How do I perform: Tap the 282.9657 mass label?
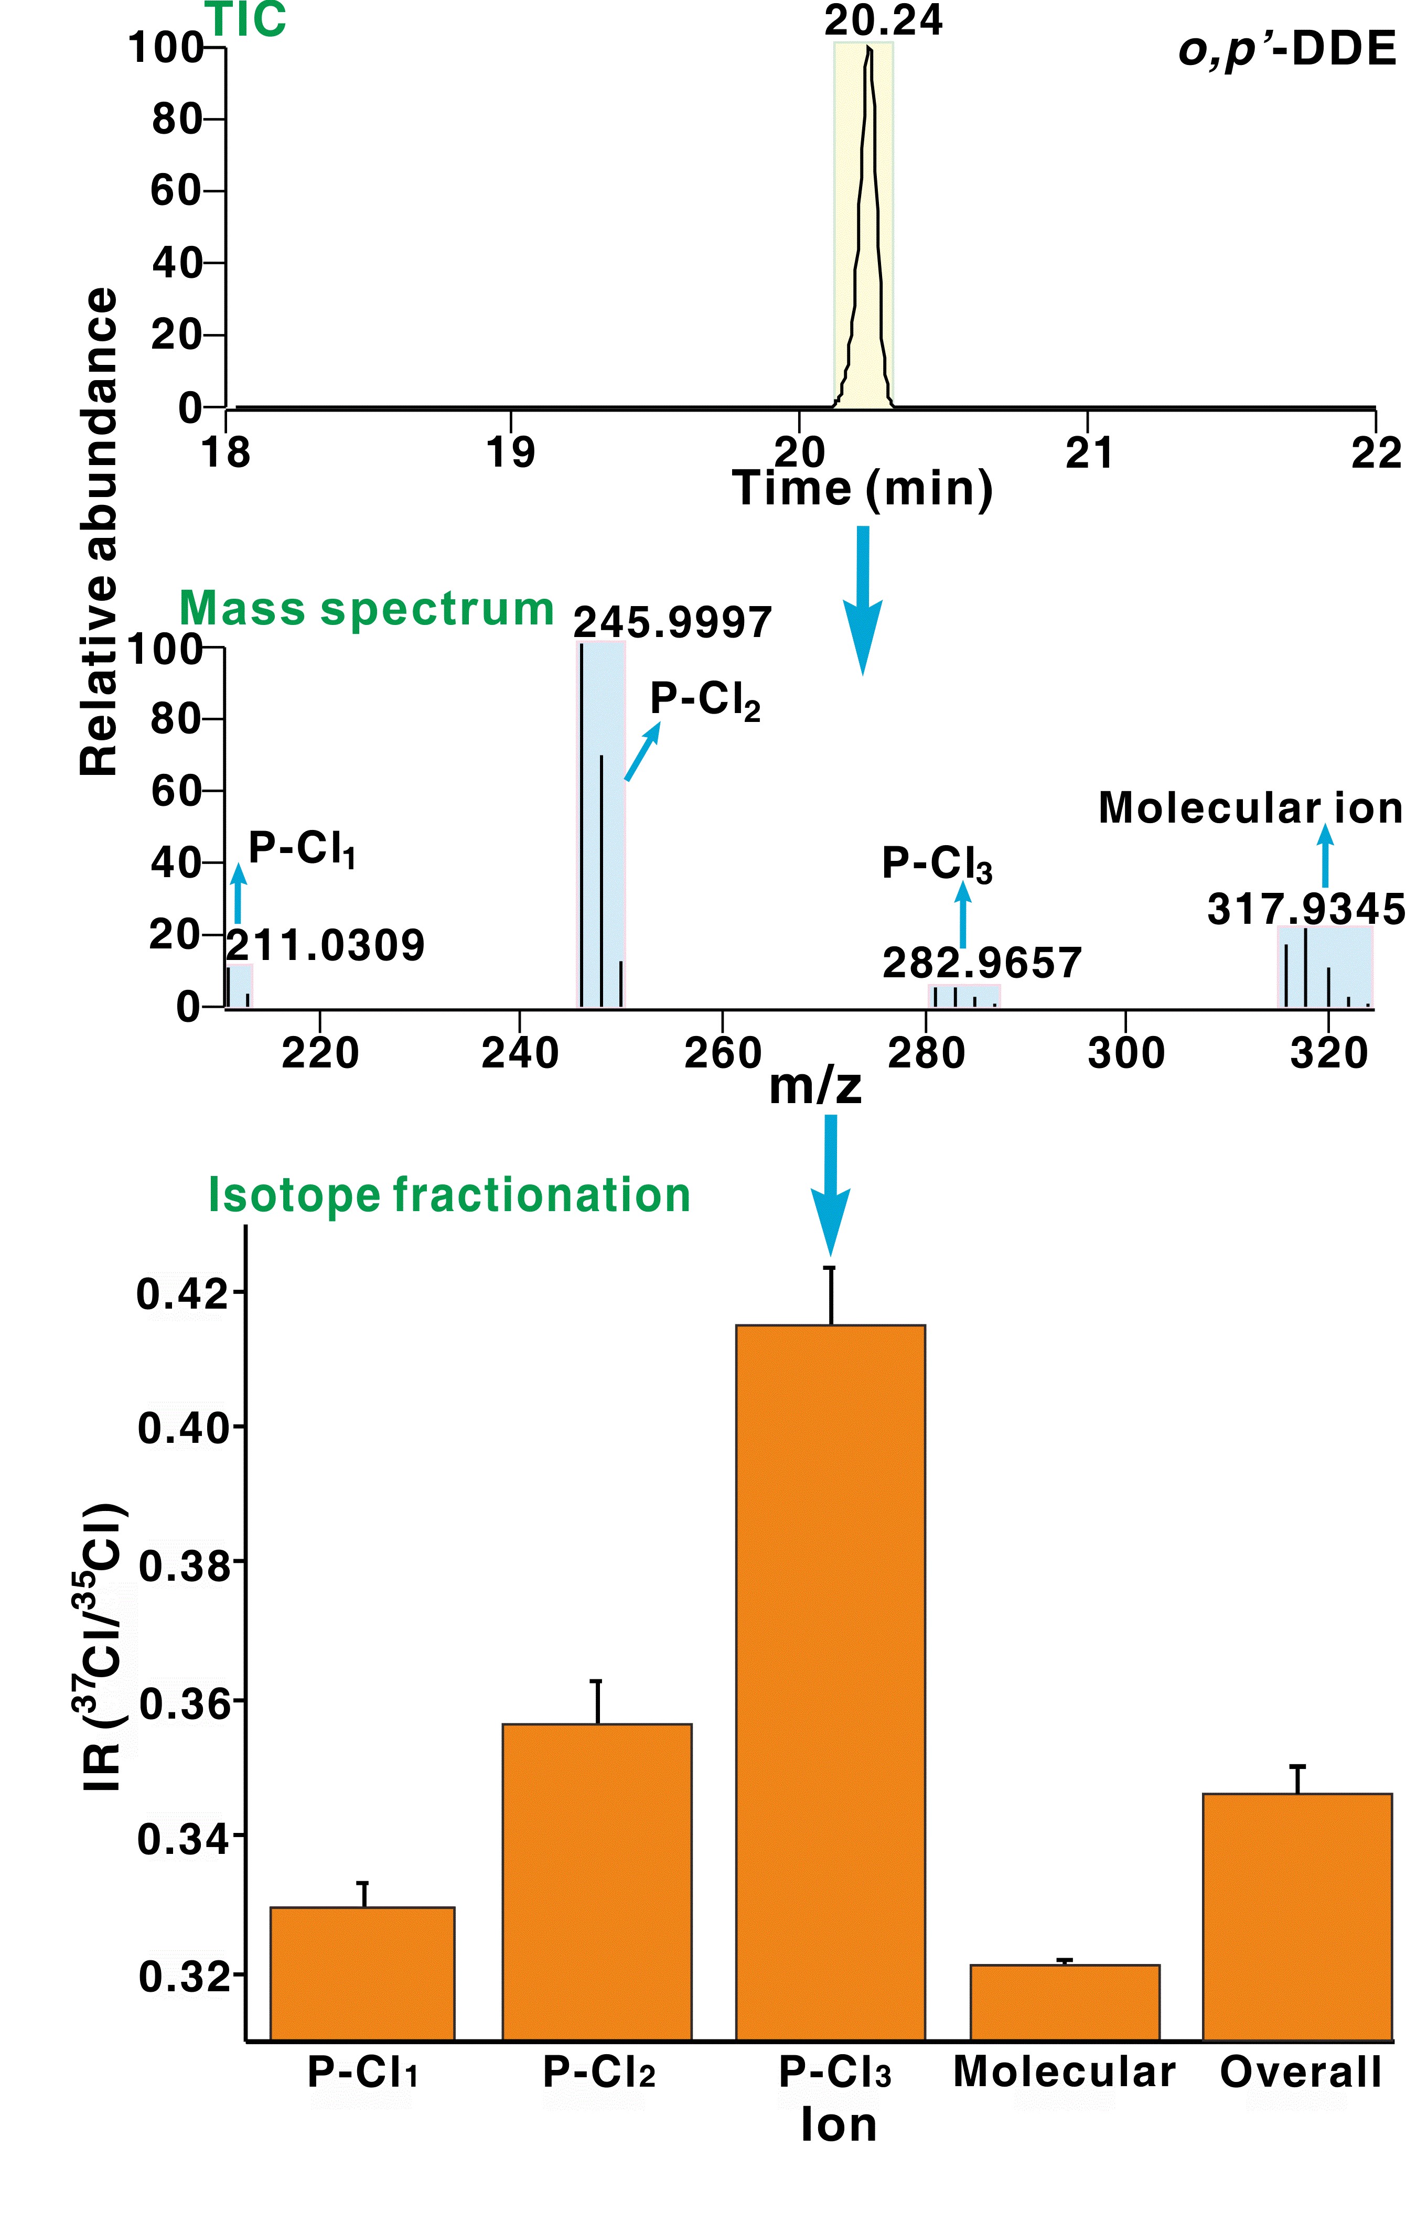tap(982, 963)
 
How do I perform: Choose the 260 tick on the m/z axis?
tap(722, 1053)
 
